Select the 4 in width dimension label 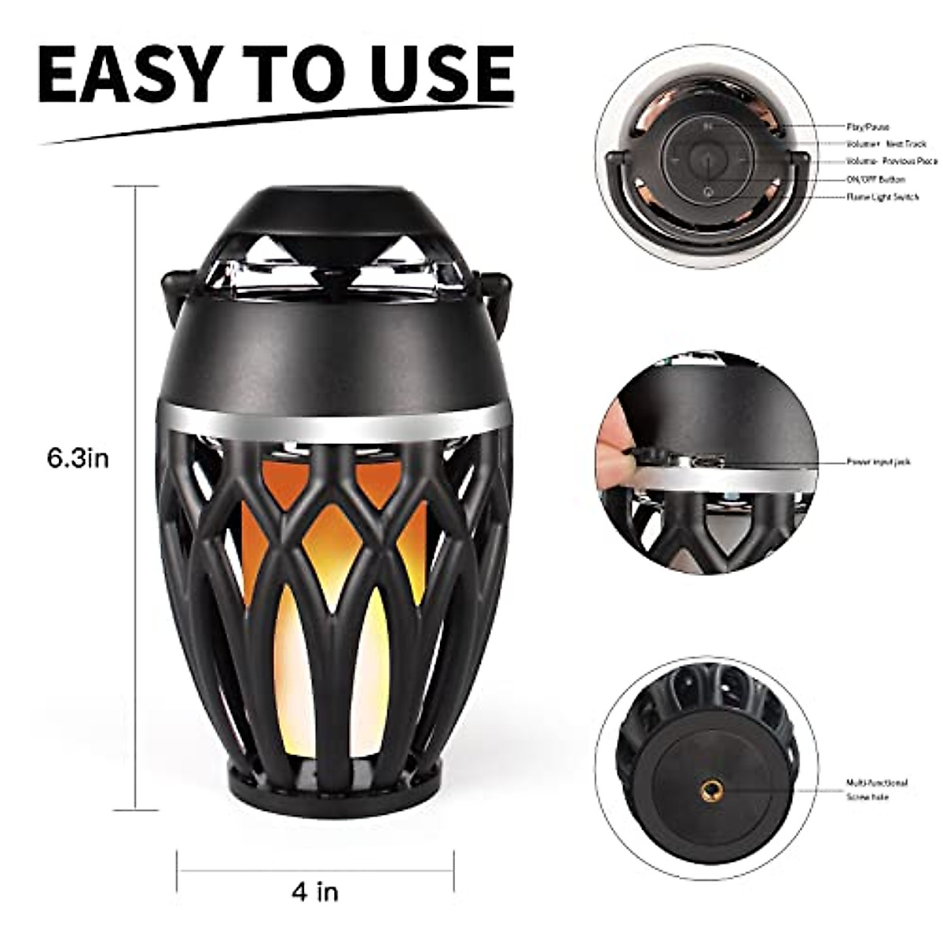[314, 891]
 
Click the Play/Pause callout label [868, 127]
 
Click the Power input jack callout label [879, 462]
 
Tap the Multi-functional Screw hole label [877, 790]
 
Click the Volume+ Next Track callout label [886, 144]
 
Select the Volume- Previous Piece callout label [891, 161]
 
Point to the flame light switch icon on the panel [708, 191]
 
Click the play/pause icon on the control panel [708, 127]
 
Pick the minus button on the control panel [674, 158]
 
